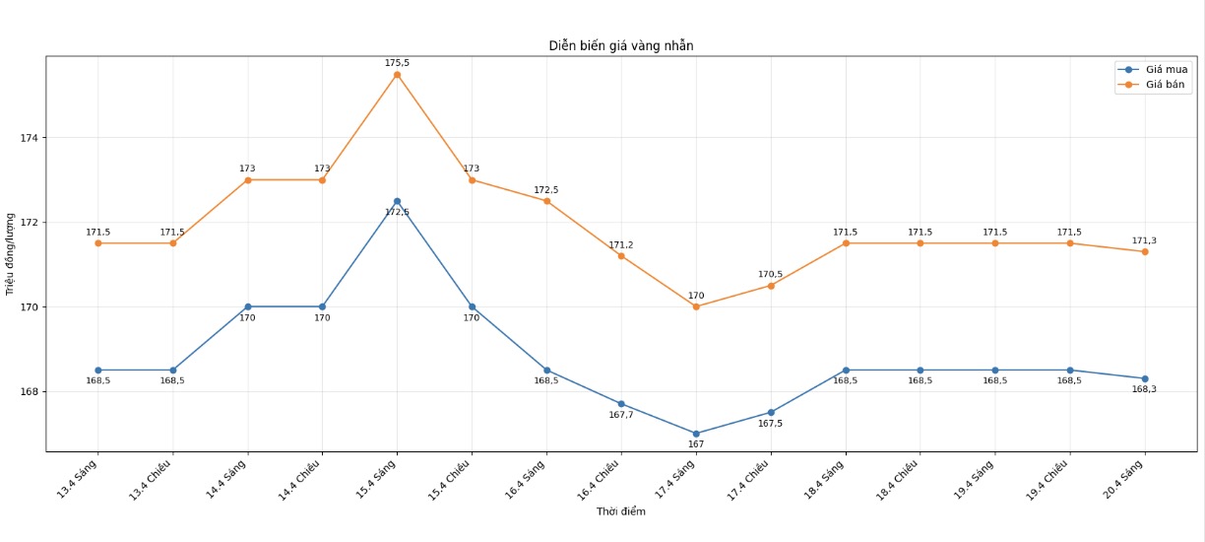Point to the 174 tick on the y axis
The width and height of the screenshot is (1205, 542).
pyautogui.click(x=29, y=138)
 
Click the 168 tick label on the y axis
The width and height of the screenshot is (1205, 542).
pyautogui.click(x=29, y=392)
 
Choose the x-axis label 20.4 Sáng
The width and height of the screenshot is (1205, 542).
pyautogui.click(x=1125, y=480)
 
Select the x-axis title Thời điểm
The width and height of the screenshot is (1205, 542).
pyautogui.click(x=620, y=511)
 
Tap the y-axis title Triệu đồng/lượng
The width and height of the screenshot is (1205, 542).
pyautogui.click(x=11, y=254)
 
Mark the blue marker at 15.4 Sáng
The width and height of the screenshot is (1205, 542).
pyautogui.click(x=397, y=201)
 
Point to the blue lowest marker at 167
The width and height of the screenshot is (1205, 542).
pyautogui.click(x=696, y=434)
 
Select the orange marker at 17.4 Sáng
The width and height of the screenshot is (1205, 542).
pyautogui.click(x=696, y=306)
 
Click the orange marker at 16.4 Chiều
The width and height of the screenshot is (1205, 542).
pyautogui.click(x=621, y=256)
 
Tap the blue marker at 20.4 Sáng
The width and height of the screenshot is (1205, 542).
pyautogui.click(x=1144, y=378)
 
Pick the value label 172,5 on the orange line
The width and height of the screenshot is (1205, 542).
pyautogui.click(x=546, y=190)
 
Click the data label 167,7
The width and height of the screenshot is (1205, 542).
pyautogui.click(x=621, y=415)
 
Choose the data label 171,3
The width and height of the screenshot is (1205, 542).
pyautogui.click(x=1144, y=240)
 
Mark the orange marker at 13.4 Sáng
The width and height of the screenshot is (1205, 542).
pyautogui.click(x=97, y=243)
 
